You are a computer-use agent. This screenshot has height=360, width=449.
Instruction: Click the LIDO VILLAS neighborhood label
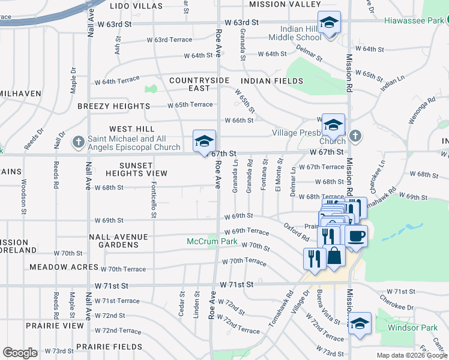(137, 5)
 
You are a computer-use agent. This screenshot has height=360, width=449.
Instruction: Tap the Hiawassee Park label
(416, 21)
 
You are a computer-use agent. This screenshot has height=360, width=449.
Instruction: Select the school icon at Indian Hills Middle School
(328, 23)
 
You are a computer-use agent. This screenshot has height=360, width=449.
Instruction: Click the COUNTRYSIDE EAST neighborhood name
(199, 84)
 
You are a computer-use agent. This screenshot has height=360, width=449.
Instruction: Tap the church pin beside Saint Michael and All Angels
(78, 142)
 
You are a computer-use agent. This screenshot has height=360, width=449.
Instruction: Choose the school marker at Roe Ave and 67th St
(204, 142)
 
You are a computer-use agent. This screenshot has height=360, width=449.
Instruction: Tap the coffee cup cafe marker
(356, 236)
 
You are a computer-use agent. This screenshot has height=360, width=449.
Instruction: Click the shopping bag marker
(334, 256)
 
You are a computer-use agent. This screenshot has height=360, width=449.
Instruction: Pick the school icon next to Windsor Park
(360, 323)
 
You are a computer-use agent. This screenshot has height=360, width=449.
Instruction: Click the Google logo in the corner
(20, 353)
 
